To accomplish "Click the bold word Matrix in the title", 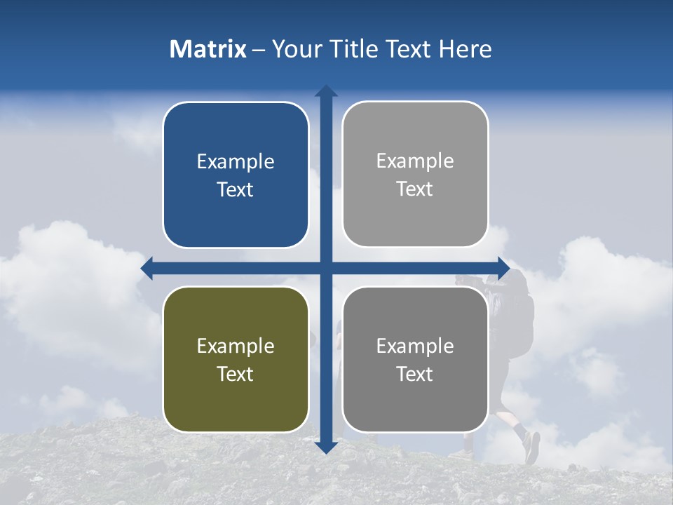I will (x=208, y=49).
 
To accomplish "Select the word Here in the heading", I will (x=465, y=49).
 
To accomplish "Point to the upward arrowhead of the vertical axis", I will (x=326, y=90).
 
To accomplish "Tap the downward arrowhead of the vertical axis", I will (x=326, y=447).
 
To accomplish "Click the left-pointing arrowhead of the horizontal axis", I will (x=147, y=268).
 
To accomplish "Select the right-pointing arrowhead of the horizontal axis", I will (x=503, y=268).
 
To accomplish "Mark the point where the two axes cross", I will (x=326, y=268).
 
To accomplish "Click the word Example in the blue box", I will (x=236, y=162).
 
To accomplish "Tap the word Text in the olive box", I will (x=236, y=374).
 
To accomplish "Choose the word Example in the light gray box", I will (x=415, y=161).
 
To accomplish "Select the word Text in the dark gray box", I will (x=415, y=374).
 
